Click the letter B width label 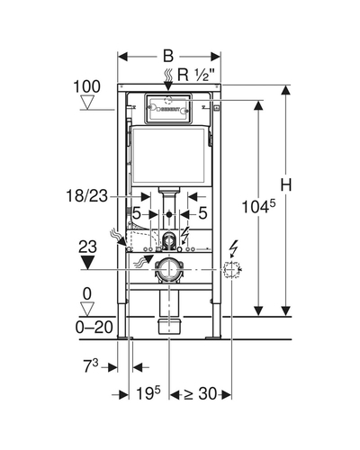168,56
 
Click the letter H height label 286,184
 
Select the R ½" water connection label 196,75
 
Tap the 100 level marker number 87,86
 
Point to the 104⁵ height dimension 258,206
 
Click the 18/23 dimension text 86,196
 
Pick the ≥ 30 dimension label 200,393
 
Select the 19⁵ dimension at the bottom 148,393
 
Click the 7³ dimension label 91,366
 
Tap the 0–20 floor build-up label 94,327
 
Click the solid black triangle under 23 87,262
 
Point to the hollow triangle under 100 88,103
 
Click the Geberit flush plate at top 168,109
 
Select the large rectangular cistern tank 168,156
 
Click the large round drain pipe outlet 169,269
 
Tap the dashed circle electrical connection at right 231,269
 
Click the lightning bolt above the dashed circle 233,249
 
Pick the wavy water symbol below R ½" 168,76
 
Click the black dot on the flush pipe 169,214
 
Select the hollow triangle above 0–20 87,309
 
